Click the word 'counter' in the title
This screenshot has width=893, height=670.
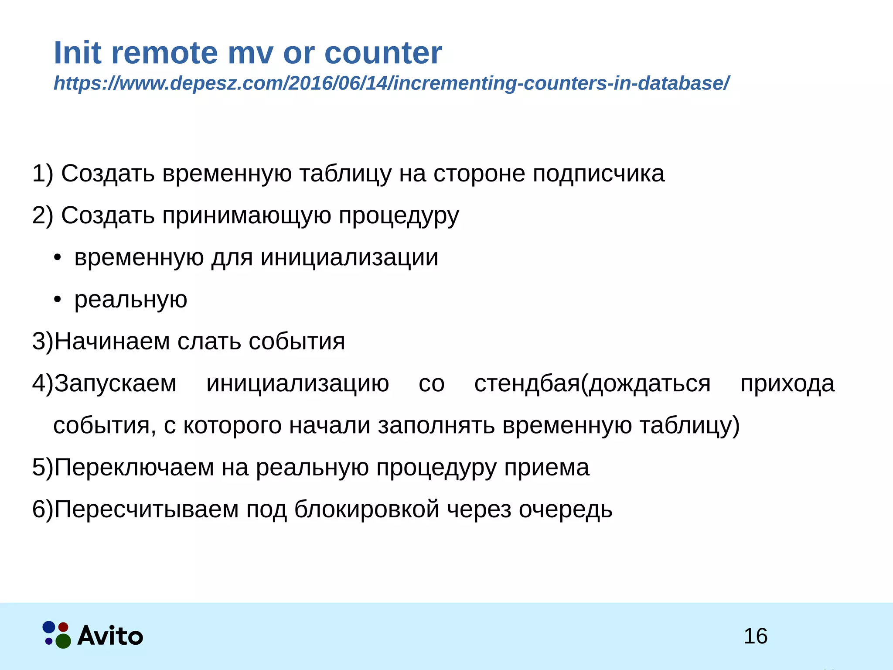click(x=383, y=53)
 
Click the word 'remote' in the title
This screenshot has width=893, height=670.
click(x=164, y=53)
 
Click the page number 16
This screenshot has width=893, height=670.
click(x=755, y=636)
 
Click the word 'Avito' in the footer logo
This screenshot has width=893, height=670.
click(x=110, y=636)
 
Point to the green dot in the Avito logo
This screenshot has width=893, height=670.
click(x=64, y=641)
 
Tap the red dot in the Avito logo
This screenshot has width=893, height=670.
click(x=64, y=627)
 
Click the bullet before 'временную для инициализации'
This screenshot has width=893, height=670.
click(x=57, y=258)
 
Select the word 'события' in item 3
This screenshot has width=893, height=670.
click(x=297, y=342)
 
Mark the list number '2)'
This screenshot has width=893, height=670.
click(x=42, y=215)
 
